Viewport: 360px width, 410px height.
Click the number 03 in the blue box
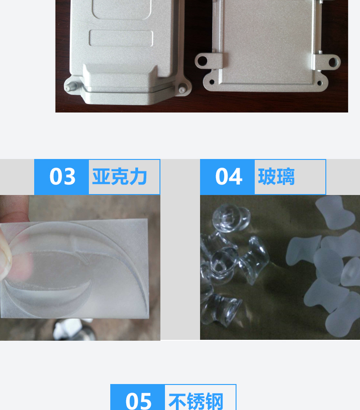[x=62, y=177]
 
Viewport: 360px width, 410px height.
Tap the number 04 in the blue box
[x=228, y=177]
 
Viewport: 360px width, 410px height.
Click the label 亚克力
[x=119, y=177]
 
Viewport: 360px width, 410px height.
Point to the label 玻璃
[x=276, y=177]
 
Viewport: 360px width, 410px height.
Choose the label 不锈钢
[x=196, y=401]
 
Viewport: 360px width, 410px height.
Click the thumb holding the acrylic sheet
[x=5, y=255]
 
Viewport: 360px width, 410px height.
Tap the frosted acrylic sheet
[x=77, y=269]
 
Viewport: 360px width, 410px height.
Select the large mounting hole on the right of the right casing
[x=334, y=60]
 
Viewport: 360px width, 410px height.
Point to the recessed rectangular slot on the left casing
[x=121, y=38]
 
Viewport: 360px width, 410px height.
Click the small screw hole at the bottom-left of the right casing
[x=211, y=82]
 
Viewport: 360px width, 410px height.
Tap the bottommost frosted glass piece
[x=342, y=314]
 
